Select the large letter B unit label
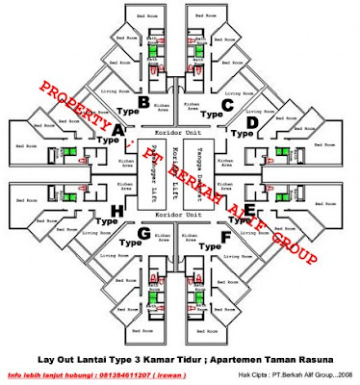144,101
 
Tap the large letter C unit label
227,103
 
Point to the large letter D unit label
252,125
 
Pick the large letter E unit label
250,207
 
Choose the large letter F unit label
226,232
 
